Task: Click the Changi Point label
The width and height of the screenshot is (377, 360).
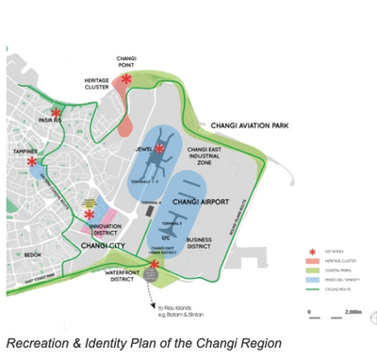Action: (x=126, y=62)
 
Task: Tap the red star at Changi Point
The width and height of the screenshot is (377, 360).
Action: (x=126, y=80)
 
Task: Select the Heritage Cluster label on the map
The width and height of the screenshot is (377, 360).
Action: (x=97, y=86)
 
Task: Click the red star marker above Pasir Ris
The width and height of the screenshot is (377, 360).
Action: (x=57, y=113)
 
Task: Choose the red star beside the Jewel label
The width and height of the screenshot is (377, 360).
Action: (x=161, y=148)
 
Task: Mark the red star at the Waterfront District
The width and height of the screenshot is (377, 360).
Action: (x=153, y=265)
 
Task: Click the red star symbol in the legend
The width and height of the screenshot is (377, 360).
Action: (x=312, y=252)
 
